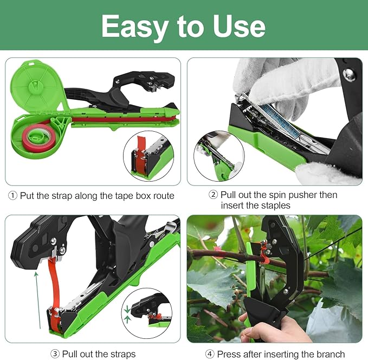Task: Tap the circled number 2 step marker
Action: (214, 195)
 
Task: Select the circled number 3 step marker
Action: (55, 354)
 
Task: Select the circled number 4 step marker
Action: (210, 354)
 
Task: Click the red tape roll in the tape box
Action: (36, 134)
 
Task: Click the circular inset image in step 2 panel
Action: (218, 156)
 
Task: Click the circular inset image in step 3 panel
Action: (147, 313)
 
